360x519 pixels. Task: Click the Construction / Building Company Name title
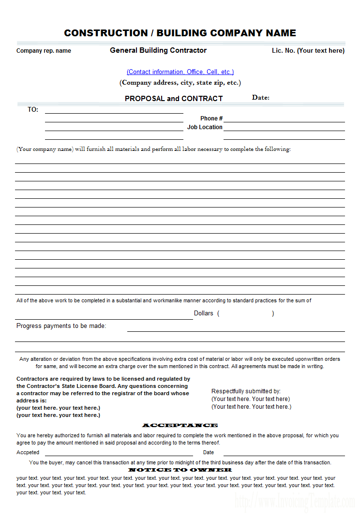point(180,33)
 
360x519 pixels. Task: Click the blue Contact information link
point(180,72)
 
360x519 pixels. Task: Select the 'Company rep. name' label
point(44,51)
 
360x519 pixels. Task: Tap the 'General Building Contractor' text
point(158,50)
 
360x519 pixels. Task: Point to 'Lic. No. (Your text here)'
point(308,51)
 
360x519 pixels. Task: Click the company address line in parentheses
point(180,83)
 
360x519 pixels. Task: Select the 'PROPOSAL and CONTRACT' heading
point(174,98)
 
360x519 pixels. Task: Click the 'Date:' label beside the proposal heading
point(261,98)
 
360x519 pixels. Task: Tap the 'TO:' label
point(33,110)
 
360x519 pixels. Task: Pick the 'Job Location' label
point(205,127)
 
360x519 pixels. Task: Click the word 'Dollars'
point(203,313)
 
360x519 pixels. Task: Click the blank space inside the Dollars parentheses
point(246,313)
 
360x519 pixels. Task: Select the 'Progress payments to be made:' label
point(61,326)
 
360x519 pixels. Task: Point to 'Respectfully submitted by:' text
point(246,391)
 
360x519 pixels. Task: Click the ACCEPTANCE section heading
point(180,425)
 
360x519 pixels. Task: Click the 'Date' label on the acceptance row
point(209,453)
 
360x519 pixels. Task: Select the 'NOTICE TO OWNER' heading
point(180,470)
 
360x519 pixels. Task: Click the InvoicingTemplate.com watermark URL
point(295,503)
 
